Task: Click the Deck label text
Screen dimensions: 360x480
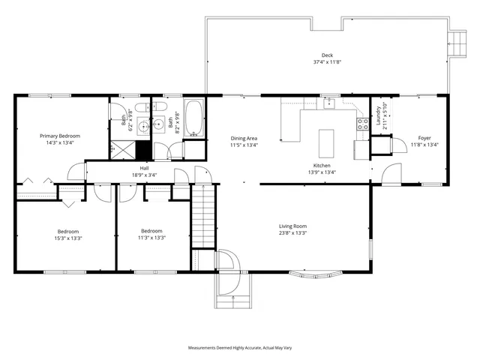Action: tap(327, 55)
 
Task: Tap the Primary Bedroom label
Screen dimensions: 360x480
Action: tap(60, 136)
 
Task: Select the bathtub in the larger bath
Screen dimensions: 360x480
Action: tap(194, 118)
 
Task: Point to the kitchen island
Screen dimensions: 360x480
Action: tap(325, 141)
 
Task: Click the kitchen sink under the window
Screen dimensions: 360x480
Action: tap(328, 105)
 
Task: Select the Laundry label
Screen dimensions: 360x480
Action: tap(378, 116)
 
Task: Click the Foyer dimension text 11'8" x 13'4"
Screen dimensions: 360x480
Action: tap(424, 145)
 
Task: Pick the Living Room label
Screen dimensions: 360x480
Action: tap(293, 226)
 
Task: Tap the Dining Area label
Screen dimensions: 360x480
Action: tap(244, 138)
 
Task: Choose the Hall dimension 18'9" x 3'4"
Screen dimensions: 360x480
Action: tap(144, 174)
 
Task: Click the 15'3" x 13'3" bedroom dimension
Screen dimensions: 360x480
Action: tap(67, 238)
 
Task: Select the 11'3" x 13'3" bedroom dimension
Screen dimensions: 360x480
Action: tap(152, 238)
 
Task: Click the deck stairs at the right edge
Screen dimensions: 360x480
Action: tap(455, 42)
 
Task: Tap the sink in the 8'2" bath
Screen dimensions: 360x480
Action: tap(159, 125)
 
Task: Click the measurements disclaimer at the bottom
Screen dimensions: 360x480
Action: tap(240, 348)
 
